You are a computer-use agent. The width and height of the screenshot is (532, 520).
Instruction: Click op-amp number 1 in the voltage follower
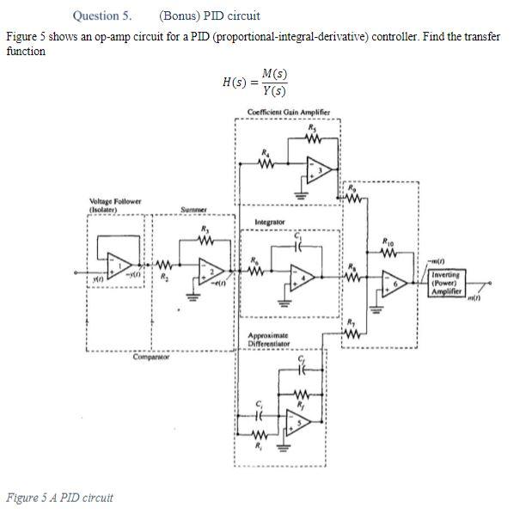[x=119, y=265]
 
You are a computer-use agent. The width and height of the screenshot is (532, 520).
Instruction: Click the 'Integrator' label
[x=269, y=223]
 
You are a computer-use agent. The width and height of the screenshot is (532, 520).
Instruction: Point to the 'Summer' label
[x=193, y=210]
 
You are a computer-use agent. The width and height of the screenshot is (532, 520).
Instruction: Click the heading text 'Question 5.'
[x=102, y=15]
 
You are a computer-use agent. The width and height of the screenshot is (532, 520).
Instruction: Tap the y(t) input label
[x=100, y=278]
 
